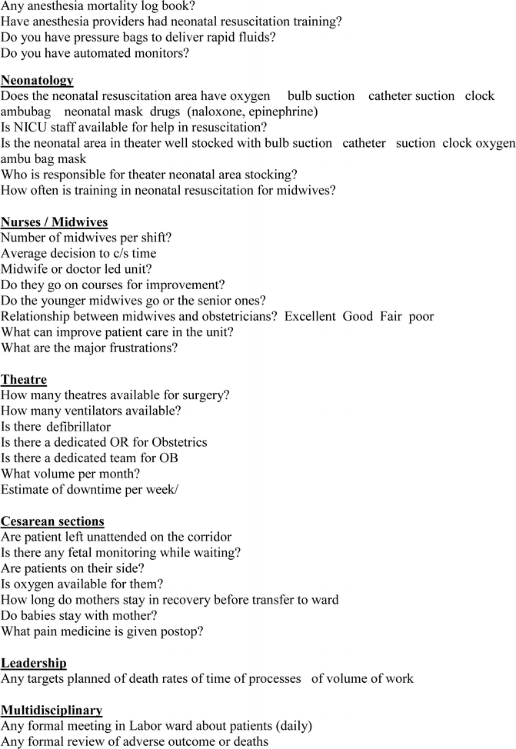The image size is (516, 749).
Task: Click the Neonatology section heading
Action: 37,80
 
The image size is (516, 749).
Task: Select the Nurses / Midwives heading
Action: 54,222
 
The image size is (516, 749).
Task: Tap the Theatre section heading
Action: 24,379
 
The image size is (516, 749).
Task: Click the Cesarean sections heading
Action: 52,521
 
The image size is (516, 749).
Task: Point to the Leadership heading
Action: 34,663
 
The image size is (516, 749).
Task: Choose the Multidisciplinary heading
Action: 52,711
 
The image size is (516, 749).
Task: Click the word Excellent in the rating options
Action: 310,316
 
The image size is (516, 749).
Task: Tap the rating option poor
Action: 422,316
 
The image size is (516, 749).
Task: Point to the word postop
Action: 181,631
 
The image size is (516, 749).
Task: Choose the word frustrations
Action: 138,348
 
